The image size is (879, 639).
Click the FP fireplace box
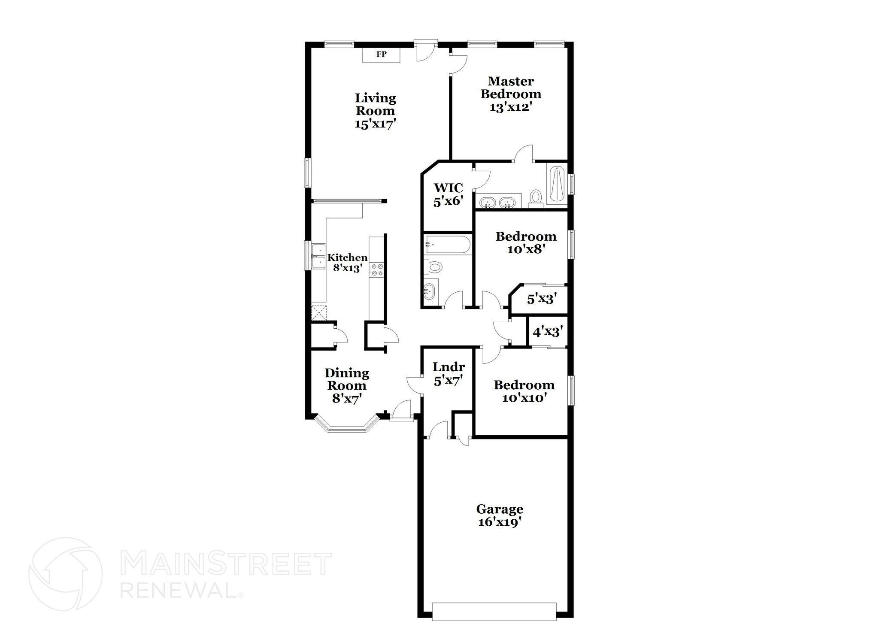point(381,55)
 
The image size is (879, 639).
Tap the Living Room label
point(375,104)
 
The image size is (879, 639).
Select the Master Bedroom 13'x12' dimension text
point(511,107)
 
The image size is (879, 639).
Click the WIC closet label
point(448,188)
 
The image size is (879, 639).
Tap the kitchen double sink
point(318,256)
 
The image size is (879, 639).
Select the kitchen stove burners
point(377,270)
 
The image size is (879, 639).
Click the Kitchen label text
point(347,257)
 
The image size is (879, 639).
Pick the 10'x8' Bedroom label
point(526,242)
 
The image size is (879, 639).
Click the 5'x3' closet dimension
point(542,299)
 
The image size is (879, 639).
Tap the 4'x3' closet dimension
point(547,332)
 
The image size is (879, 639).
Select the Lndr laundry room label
point(448,367)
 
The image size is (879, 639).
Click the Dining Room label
point(346,379)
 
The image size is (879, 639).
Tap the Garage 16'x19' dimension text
point(500,523)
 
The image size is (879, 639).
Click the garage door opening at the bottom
point(494,618)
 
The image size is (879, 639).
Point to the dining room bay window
point(347,427)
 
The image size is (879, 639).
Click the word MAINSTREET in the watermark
point(226,564)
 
